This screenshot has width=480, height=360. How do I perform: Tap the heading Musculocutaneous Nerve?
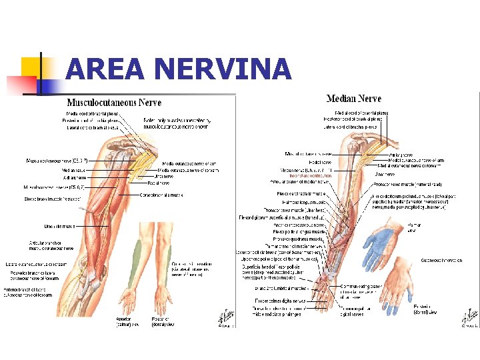(x=114, y=103)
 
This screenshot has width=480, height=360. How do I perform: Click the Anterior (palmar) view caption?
(x=127, y=322)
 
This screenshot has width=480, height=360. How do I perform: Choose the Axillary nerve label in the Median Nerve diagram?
(x=403, y=155)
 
